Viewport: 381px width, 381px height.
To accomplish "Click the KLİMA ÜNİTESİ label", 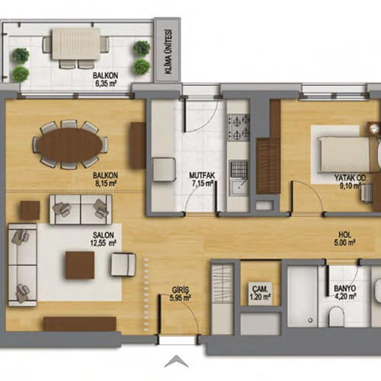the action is click(168, 52).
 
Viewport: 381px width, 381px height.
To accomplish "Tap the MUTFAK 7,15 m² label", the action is click(202, 179).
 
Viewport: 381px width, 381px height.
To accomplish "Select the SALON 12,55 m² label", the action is click(104, 239).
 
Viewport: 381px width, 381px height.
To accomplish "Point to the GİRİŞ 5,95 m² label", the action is click(181, 293).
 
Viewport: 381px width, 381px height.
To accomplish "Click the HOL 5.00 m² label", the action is click(344, 239).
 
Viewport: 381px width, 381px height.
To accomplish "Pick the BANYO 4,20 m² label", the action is click(344, 292).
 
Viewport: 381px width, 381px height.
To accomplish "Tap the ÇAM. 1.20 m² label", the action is click(260, 293).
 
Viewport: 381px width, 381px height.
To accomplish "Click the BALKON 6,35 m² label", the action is click(105, 79).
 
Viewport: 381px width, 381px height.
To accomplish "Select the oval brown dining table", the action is click(70, 145).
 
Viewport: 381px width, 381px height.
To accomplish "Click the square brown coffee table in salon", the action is click(80, 265).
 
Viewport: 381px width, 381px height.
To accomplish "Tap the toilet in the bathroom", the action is click(336, 316).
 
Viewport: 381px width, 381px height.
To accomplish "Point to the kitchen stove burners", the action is click(239, 127).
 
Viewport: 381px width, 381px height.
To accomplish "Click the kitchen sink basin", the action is click(239, 187).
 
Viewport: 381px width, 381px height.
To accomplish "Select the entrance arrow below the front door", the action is click(176, 362).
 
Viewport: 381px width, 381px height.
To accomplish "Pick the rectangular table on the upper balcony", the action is click(76, 43).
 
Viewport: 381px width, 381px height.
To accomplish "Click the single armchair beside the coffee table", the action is click(123, 264).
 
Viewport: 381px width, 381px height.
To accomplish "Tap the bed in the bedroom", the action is click(344, 155).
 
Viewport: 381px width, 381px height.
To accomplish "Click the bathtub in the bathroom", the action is click(303, 296).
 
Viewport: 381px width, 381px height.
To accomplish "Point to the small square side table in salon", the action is click(30, 210).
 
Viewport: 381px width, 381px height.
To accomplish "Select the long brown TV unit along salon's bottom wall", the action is click(80, 324).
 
